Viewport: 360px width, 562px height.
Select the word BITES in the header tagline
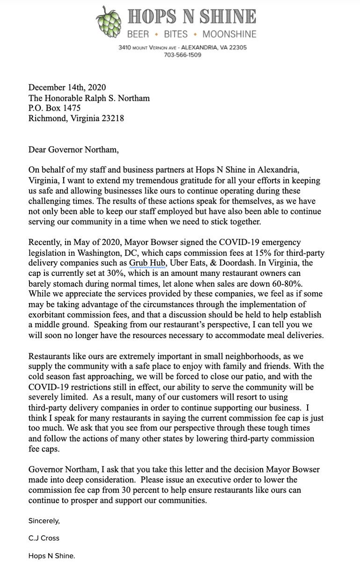[x=176, y=34]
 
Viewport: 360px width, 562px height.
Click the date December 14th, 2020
[x=67, y=88]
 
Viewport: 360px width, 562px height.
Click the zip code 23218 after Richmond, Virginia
[x=113, y=118]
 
